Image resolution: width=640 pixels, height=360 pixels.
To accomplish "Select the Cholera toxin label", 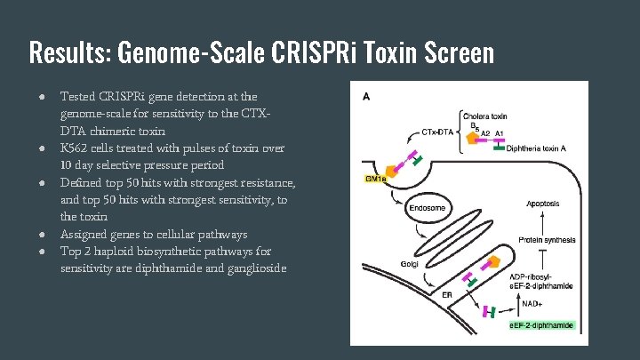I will point(486,116).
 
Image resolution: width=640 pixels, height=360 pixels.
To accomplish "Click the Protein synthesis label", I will point(544,239).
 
